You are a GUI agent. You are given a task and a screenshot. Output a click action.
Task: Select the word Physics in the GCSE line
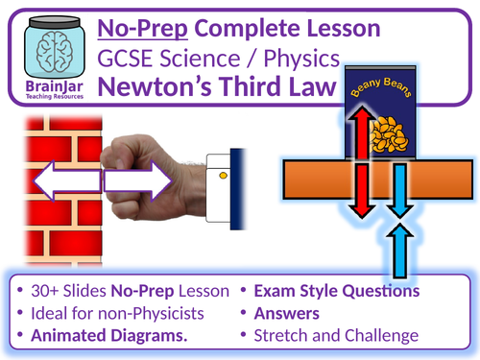(297, 59)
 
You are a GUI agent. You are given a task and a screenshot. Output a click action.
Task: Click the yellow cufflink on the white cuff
(224, 176)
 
